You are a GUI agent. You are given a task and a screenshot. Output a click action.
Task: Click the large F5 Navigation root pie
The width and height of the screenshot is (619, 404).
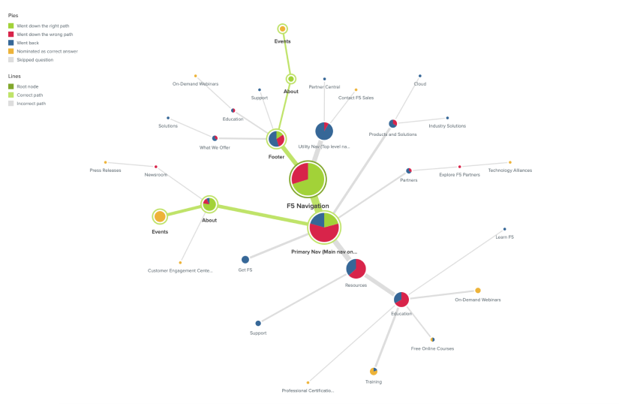[x=308, y=179]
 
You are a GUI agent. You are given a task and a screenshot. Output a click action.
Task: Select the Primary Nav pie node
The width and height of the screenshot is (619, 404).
[x=324, y=227]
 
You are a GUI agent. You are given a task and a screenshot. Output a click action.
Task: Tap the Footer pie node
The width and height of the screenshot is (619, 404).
[x=276, y=139]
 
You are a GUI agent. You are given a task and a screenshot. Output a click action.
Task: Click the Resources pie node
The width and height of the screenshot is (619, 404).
[x=356, y=268]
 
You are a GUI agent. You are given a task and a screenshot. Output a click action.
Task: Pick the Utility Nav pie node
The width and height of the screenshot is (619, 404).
[x=324, y=131]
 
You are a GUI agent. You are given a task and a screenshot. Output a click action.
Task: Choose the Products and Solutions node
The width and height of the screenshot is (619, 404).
[x=392, y=124]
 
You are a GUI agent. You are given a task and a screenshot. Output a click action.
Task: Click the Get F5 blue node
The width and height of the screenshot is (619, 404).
[x=245, y=260]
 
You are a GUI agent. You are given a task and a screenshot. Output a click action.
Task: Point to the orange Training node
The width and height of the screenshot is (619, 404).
[x=374, y=371]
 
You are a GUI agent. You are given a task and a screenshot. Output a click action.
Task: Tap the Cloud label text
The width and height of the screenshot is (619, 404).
[x=420, y=84]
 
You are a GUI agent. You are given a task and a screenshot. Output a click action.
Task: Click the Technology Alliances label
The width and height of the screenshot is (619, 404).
[x=509, y=170]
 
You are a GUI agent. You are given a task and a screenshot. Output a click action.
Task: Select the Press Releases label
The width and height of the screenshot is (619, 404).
[x=105, y=170]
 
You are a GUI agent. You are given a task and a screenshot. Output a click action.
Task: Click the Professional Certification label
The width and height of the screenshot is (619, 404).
[x=308, y=390]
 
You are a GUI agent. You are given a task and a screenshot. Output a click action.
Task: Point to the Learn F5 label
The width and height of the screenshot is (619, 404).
[x=504, y=237]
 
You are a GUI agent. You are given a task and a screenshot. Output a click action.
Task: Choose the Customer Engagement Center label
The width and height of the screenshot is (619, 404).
[x=180, y=270]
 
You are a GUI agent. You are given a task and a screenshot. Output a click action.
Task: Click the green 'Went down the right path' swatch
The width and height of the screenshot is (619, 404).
[x=11, y=26]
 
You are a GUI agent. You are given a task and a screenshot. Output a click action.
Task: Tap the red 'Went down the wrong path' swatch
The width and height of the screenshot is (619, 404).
[x=11, y=35]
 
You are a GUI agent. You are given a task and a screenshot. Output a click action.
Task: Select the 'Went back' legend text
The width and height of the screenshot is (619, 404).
[x=29, y=43]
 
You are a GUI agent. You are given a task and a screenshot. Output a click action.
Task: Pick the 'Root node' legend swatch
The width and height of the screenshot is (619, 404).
[x=11, y=86]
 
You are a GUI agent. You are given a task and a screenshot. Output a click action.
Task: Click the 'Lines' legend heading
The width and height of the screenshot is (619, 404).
[x=14, y=77]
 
